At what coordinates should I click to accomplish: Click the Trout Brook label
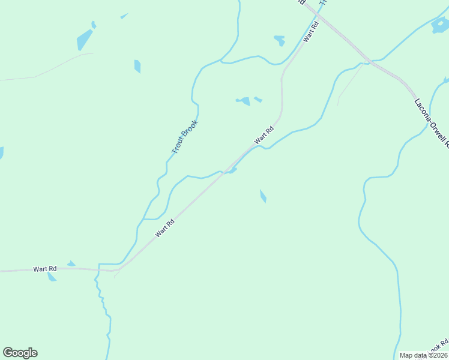184,137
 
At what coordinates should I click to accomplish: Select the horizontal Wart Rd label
45,269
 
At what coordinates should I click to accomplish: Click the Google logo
20,353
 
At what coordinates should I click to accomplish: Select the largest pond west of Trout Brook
84,40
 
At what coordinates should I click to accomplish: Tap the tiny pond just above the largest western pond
94,25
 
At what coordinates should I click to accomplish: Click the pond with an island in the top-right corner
441,25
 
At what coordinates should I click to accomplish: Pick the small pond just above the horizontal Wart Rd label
71,263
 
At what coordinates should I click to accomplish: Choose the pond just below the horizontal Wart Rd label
52,277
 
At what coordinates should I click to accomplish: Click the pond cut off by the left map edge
1,153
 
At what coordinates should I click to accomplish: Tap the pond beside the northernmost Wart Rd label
280,41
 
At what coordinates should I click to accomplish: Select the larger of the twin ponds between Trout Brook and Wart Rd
244,101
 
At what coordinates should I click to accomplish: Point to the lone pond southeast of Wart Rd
263,196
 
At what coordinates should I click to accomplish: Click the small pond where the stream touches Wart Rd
232,170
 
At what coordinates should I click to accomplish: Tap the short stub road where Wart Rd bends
116,274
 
